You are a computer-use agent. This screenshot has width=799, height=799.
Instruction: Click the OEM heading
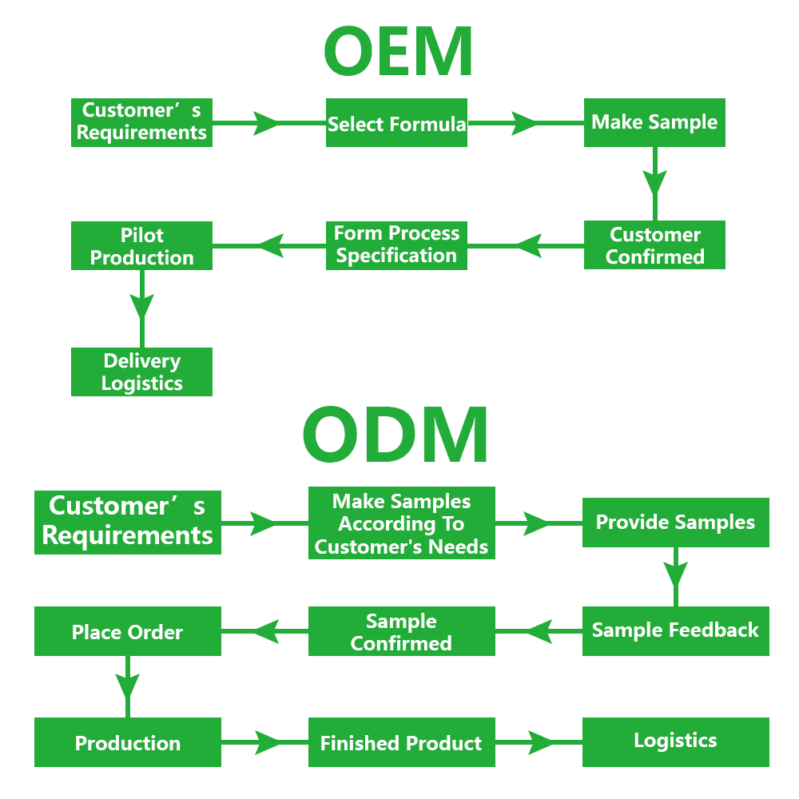click(398, 51)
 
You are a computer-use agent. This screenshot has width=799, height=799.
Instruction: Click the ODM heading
click(396, 436)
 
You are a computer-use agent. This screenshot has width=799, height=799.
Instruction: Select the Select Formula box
click(396, 124)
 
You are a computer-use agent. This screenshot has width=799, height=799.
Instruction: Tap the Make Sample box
click(654, 123)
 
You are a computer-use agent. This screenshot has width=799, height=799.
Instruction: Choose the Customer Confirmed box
click(654, 245)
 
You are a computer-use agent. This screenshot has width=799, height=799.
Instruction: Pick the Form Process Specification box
click(396, 245)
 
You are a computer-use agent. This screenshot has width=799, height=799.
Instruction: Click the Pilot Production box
click(141, 246)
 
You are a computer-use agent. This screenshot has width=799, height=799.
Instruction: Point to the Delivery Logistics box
click(141, 372)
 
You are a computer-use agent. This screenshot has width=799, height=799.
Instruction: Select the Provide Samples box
click(675, 523)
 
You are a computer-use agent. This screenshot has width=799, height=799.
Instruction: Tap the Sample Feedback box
click(675, 630)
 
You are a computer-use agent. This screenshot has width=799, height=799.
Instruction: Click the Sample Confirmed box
click(401, 631)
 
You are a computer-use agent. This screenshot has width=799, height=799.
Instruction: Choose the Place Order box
click(128, 632)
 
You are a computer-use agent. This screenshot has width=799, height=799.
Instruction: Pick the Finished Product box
click(401, 743)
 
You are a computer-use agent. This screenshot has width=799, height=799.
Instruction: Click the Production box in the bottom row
click(128, 743)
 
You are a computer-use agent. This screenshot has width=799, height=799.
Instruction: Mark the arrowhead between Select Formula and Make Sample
click(524, 124)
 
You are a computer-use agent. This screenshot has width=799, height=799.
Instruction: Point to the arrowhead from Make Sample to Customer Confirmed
click(655, 183)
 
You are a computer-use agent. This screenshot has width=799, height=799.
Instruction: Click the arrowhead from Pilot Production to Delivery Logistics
click(142, 308)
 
